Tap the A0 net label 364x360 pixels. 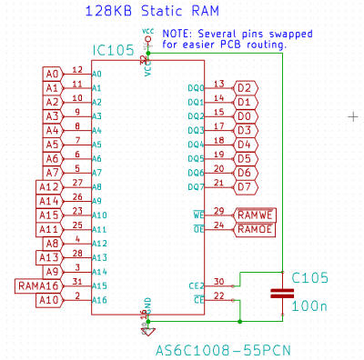53,74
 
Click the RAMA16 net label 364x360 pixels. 37,286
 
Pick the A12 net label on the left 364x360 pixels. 49,187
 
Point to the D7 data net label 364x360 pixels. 243,187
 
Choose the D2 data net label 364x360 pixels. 243,88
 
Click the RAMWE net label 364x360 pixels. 255,215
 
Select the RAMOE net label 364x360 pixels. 255,229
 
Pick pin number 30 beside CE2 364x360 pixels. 219,281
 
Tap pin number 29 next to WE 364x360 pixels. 219,210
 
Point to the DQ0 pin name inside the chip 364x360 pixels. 196,88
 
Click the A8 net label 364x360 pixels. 53,244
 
